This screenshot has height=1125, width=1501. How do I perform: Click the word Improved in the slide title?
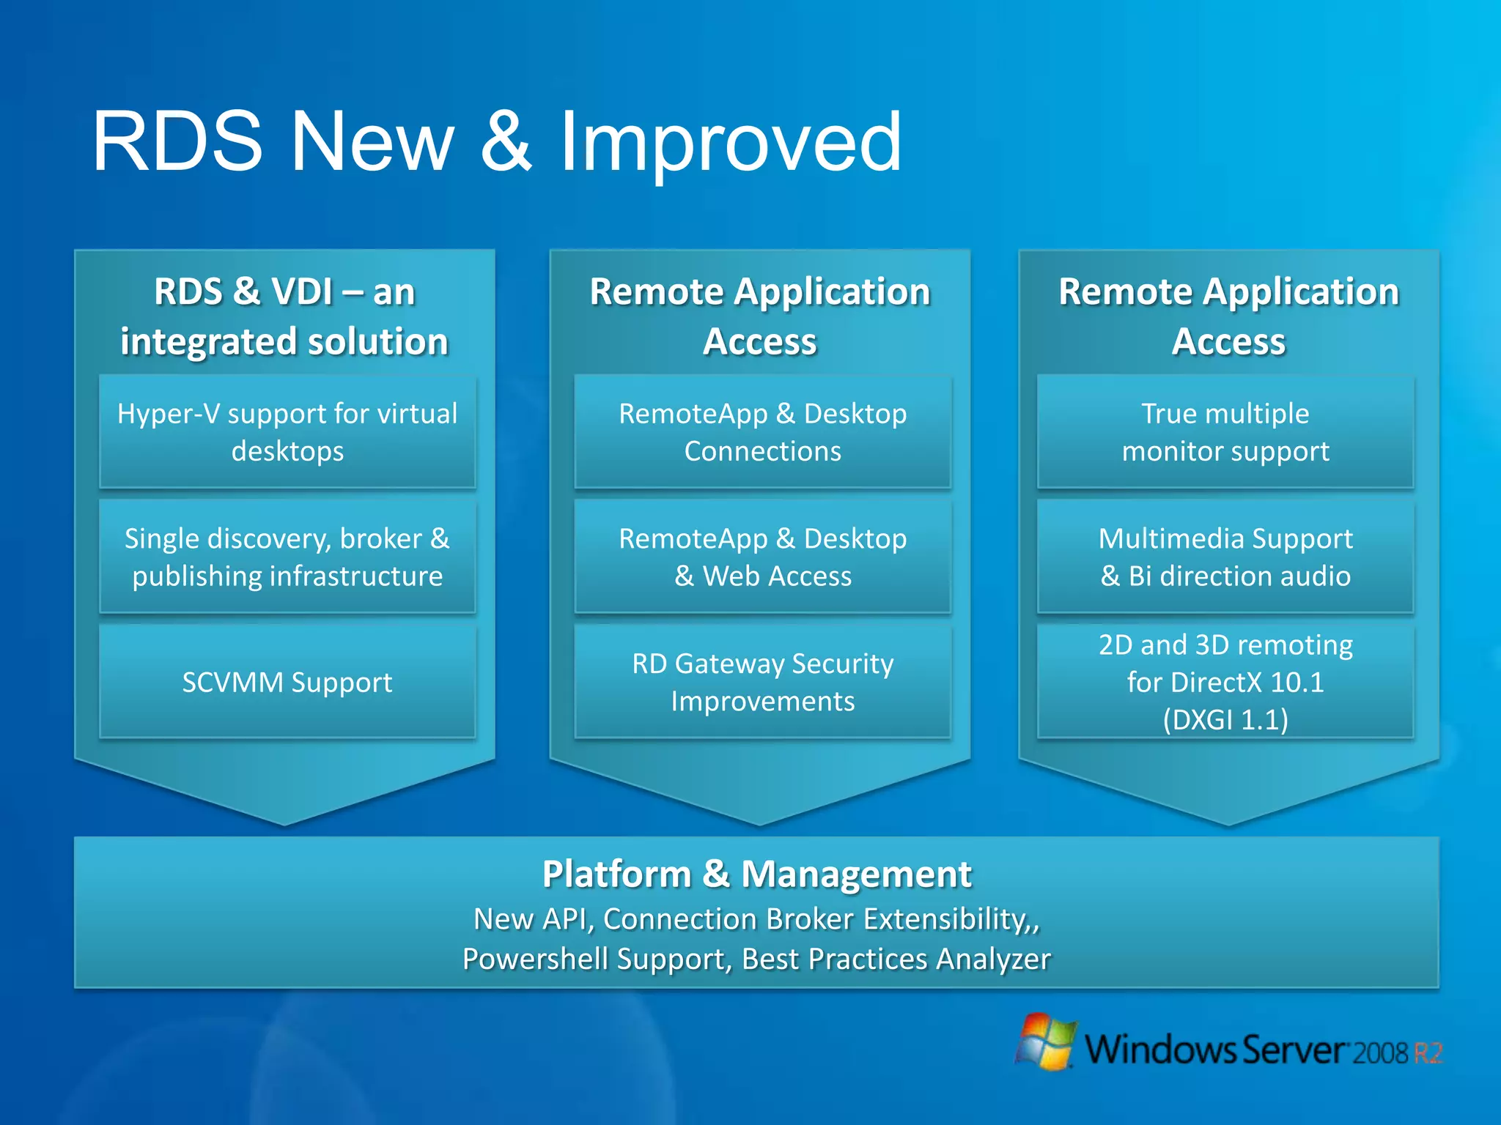tap(730, 143)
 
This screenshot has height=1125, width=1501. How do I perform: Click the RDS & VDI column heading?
tap(284, 316)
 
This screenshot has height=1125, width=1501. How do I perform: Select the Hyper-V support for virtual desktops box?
tap(287, 432)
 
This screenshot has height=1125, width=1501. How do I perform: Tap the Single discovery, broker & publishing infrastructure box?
tap(287, 557)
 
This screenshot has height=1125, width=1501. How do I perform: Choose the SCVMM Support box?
tap(287, 682)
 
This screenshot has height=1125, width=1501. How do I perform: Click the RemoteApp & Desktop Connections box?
tap(762, 432)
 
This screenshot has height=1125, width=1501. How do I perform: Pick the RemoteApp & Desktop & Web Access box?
tap(762, 557)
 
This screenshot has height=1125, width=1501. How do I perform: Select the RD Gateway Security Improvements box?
tap(762, 682)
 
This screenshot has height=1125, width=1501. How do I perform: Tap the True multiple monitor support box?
tap(1225, 432)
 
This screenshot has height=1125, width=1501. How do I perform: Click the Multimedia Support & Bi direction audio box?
tap(1225, 557)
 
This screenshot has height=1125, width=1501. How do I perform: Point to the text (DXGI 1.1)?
tap(1225, 720)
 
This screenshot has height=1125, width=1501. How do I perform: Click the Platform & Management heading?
tap(756, 874)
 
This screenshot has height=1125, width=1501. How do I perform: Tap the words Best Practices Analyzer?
tap(896, 959)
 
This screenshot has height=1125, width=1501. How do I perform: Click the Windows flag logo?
tap(1047, 1042)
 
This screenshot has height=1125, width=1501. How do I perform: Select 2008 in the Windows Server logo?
tap(1380, 1053)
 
